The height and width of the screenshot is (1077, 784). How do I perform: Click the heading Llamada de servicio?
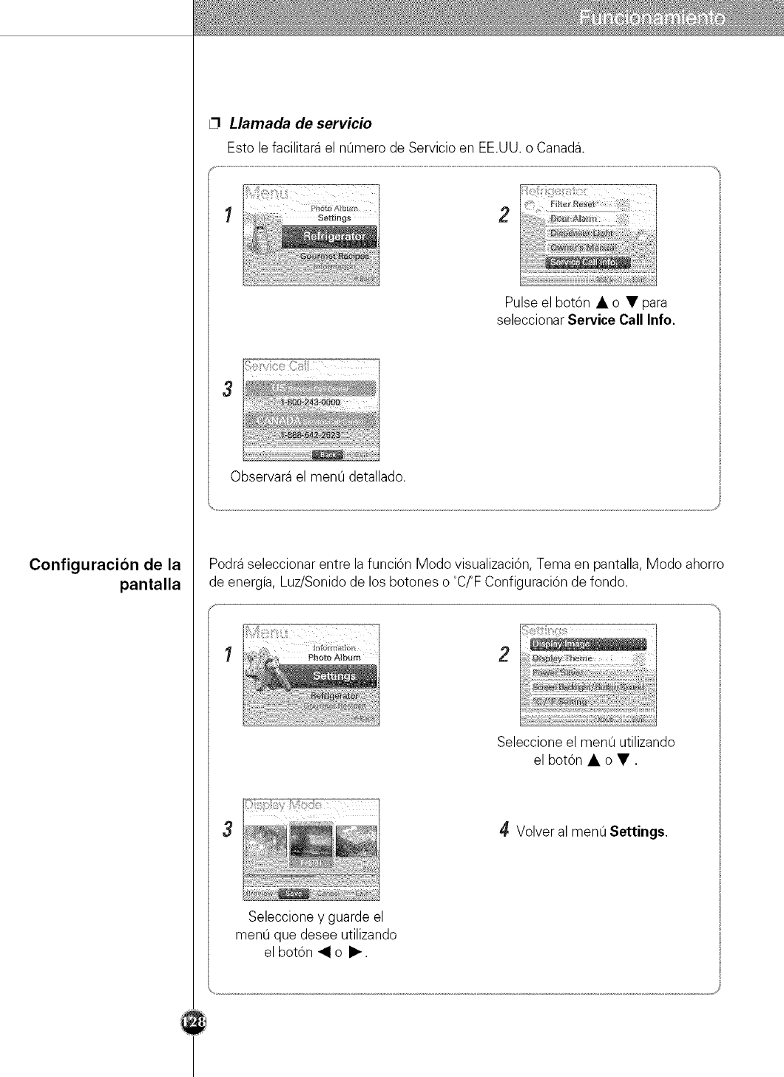300,123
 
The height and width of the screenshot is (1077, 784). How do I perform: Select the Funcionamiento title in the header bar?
652,18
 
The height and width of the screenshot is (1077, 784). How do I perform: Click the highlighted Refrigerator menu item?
329,237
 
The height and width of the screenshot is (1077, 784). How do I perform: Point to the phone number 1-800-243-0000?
310,402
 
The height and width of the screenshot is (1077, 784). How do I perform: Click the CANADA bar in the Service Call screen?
311,421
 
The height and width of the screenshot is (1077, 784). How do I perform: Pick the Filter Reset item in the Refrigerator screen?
578,204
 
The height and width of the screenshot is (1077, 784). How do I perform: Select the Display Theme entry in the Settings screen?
563,658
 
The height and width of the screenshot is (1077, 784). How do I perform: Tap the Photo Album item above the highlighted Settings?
334,657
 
